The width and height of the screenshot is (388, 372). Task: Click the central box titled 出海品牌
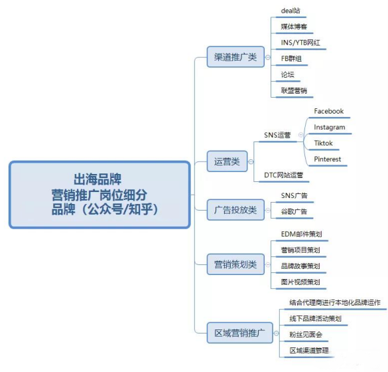(x=99, y=195)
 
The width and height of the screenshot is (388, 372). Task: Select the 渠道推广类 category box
(x=235, y=56)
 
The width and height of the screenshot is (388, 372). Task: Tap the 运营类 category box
(x=227, y=161)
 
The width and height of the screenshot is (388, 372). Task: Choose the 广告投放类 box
(x=235, y=210)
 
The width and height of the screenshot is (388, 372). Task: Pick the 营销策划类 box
(x=235, y=264)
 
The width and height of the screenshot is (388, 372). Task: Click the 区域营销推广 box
(x=240, y=333)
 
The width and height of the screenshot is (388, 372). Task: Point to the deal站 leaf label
(x=291, y=11)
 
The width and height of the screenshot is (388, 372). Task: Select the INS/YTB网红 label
(x=300, y=43)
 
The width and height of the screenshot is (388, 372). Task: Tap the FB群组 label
(x=291, y=58)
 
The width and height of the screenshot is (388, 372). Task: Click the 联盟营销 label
(x=294, y=90)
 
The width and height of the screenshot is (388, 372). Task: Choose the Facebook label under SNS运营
(x=328, y=111)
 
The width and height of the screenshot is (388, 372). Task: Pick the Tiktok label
(x=323, y=143)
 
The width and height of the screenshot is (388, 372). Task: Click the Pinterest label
(x=328, y=159)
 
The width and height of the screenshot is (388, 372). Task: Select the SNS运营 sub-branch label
(x=277, y=135)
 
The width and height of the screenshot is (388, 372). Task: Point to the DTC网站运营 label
(x=284, y=175)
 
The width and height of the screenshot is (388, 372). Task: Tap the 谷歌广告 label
(x=294, y=211)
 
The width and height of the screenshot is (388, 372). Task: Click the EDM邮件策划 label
(x=301, y=234)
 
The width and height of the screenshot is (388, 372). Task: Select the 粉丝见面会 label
(x=306, y=335)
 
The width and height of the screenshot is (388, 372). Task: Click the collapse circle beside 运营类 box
(x=251, y=161)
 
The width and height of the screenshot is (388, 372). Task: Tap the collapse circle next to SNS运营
(x=300, y=135)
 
